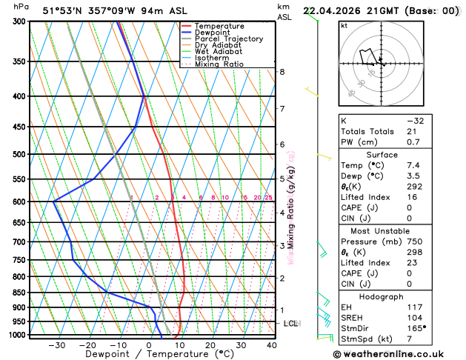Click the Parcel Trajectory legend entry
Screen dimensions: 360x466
pyautogui.click(x=228, y=39)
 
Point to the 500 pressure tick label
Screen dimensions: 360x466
pyautogui.click(x=19, y=154)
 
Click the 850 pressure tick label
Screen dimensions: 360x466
pyautogui.click(x=19, y=293)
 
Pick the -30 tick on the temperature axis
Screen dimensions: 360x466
pyautogui.click(x=56, y=345)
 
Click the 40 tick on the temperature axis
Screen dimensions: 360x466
pyautogui.click(x=272, y=345)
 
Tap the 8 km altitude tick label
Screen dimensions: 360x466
pyautogui.click(x=282, y=72)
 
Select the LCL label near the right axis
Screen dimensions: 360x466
pyautogui.click(x=291, y=324)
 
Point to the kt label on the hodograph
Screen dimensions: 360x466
pyautogui.click(x=344, y=25)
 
